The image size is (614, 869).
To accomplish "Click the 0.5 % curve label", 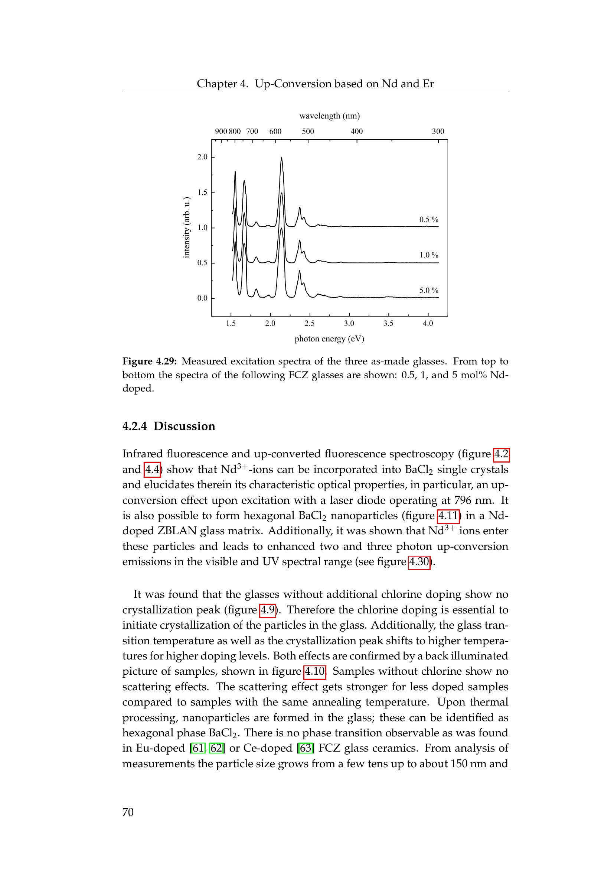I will coord(428,220).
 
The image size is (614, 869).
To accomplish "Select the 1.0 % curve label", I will coord(428,255).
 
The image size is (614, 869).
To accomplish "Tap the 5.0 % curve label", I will coord(428,291).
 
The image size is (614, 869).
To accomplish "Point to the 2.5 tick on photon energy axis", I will coord(309,323).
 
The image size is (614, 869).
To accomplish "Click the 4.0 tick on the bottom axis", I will coord(428,323).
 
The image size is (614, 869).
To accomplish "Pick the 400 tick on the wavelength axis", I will coord(356,131).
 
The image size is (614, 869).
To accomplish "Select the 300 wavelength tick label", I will coord(438,131).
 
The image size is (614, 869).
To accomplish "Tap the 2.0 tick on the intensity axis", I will coord(202,157).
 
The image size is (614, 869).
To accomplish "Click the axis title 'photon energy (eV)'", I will coord(329,339).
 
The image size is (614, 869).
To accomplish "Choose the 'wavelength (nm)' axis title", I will coord(329,116).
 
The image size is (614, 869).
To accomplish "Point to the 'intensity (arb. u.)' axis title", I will coord(186,227).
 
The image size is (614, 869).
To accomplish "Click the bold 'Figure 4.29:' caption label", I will coord(149,361).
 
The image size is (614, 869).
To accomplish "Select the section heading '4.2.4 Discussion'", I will coord(169,426).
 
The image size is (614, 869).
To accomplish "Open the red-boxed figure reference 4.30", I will coord(419,561).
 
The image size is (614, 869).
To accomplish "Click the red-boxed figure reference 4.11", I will coord(448,516).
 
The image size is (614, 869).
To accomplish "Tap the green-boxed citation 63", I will coord(306,748).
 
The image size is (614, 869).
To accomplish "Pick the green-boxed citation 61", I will coord(198,748).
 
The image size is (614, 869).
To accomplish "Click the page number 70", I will coord(128,812).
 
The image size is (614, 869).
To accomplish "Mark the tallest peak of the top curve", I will coord(281,158).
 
